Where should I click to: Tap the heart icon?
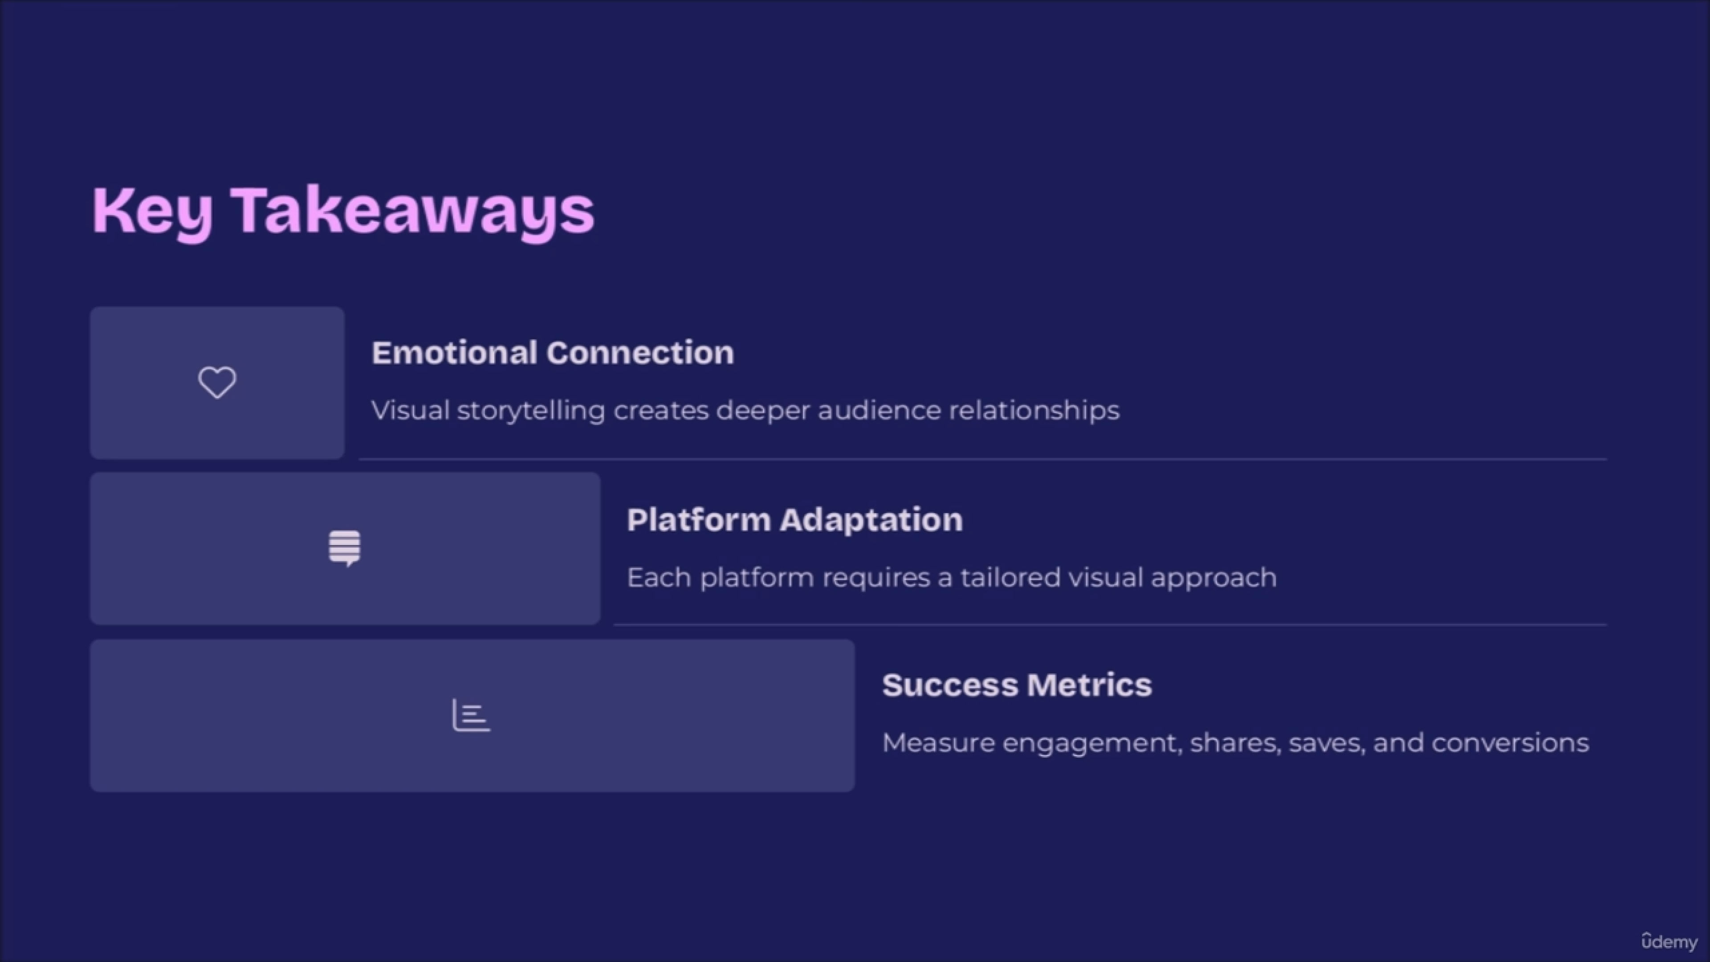tap(217, 383)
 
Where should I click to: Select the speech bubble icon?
tap(345, 548)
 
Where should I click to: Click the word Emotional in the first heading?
tap(454, 353)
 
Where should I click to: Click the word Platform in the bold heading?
tap(699, 520)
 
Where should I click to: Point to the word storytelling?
tap(531, 411)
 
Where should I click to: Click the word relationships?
tap(1034, 411)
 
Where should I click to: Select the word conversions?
tap(1510, 743)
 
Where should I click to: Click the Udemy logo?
tap(1669, 942)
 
